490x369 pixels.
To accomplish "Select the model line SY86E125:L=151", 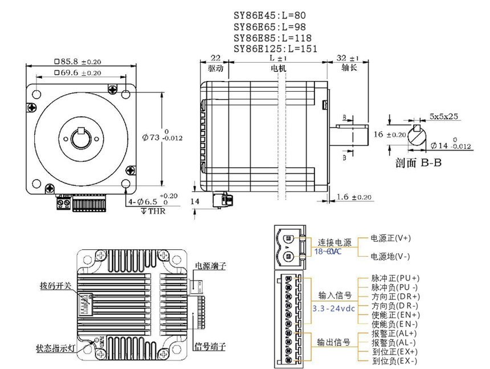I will (276, 49).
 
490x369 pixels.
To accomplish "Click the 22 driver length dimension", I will (215, 58).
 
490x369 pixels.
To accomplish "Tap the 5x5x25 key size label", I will (445, 116).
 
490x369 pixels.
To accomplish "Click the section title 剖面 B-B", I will (419, 162).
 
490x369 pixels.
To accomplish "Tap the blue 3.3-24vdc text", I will (334, 308).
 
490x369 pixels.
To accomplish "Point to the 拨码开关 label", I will (55, 285).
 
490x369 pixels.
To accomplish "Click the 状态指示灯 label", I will (55, 347).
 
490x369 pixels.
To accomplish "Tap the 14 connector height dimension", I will (196, 201).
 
